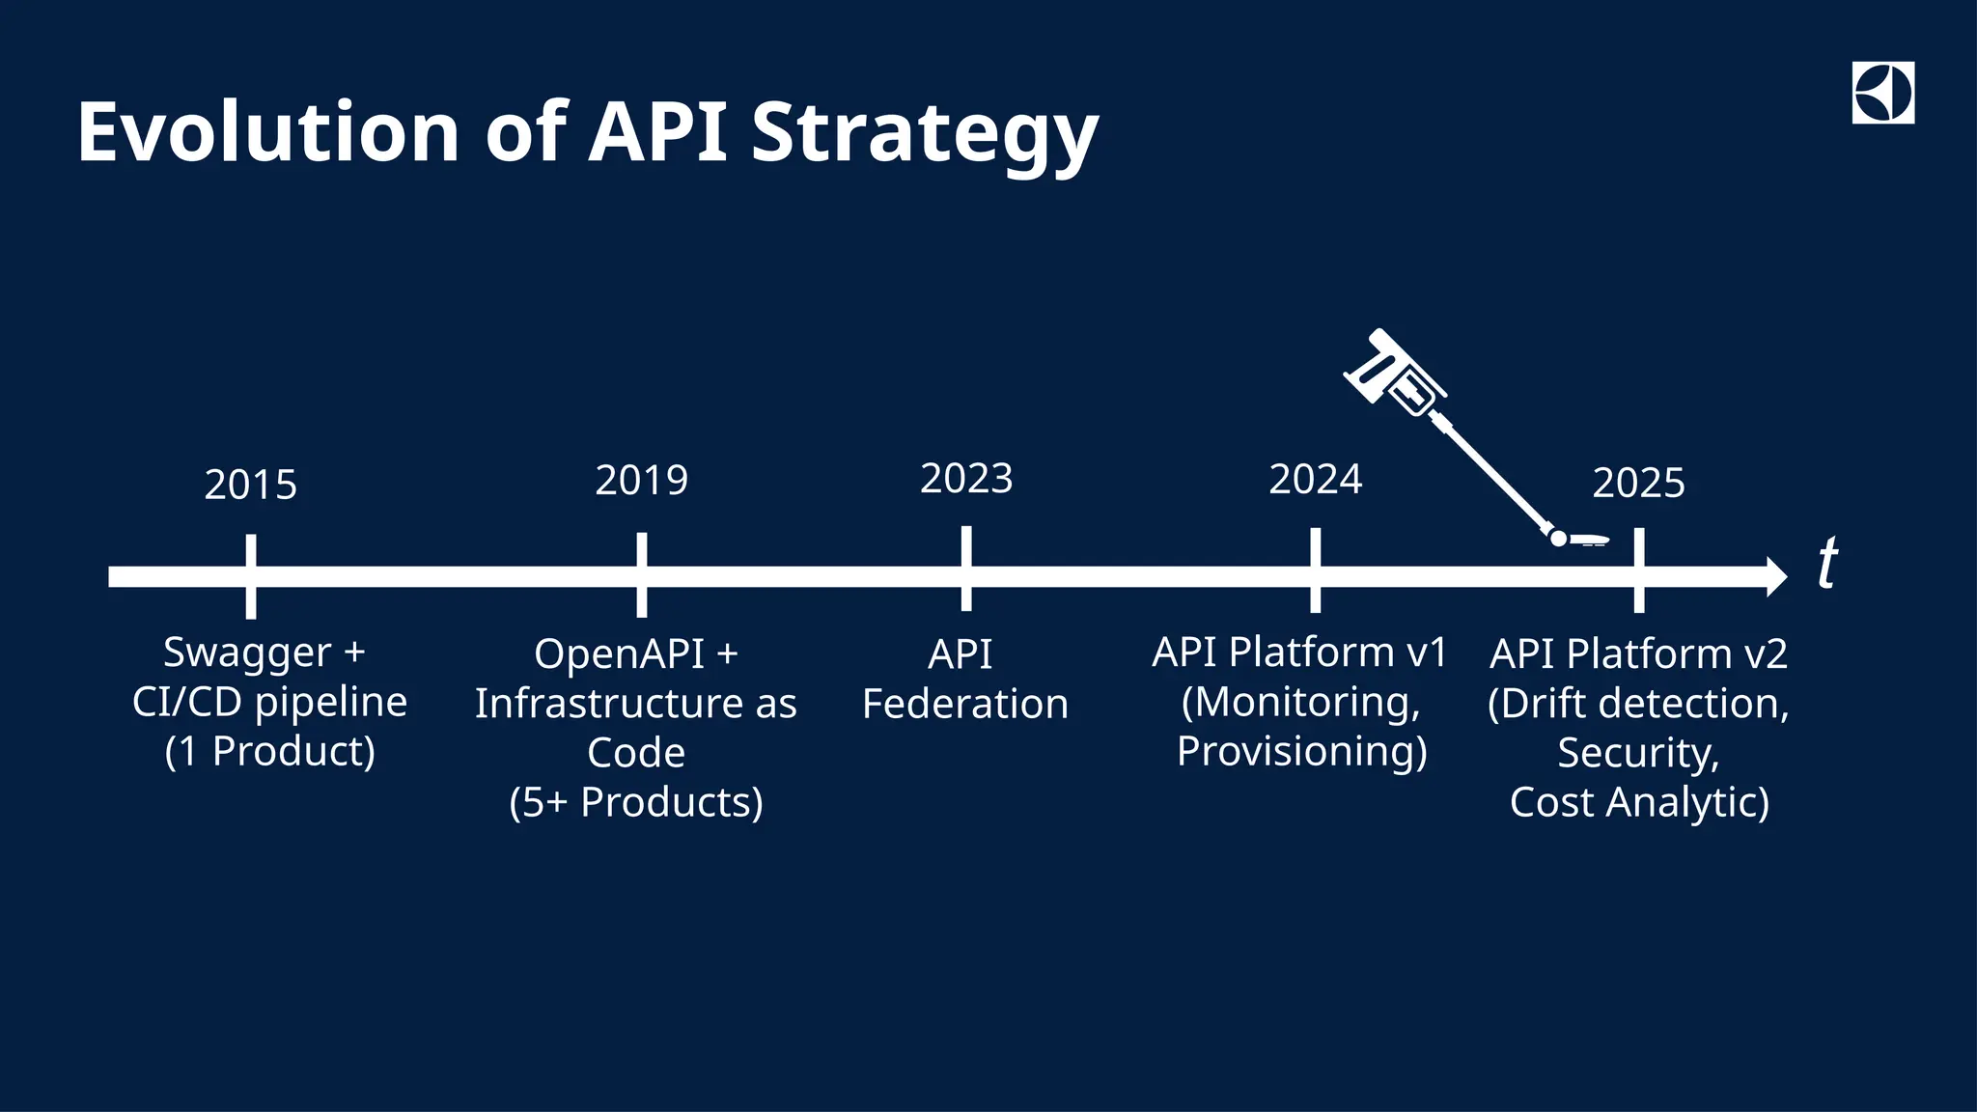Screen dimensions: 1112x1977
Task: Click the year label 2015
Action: (250, 485)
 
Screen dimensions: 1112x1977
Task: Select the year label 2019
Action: (641, 481)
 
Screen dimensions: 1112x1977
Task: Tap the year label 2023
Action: (966, 479)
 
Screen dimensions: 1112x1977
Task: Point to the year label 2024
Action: (1315, 480)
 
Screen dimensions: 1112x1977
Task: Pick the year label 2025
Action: (1638, 484)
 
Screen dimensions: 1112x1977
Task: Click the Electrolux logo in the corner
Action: (1882, 94)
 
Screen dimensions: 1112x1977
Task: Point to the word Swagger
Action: (247, 653)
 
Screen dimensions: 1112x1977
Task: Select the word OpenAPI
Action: (619, 654)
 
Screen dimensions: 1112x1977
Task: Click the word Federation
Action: (965, 704)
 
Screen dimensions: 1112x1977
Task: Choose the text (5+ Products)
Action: (636, 802)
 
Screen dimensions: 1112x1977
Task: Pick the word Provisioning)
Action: (1301, 752)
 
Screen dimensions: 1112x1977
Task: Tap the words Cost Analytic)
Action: (1639, 802)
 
